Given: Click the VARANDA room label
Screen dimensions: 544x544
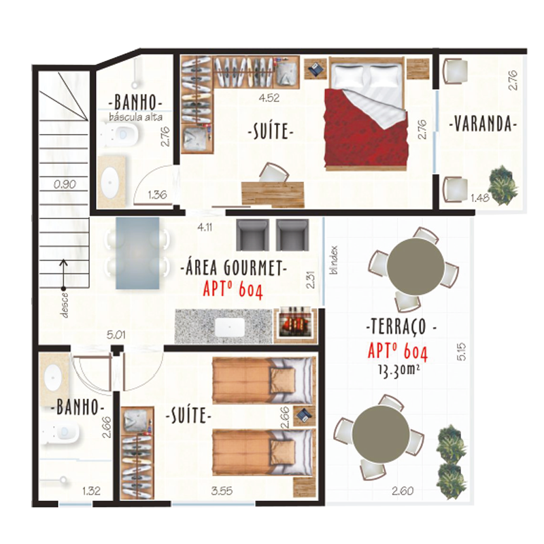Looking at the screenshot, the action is coord(483,124).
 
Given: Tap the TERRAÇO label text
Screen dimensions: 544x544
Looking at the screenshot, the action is coord(401,326).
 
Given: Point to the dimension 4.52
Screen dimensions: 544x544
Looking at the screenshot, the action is coord(269,98).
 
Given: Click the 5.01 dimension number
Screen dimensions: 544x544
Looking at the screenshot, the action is coord(116,335).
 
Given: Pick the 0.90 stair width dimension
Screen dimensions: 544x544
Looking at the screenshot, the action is coord(65,184).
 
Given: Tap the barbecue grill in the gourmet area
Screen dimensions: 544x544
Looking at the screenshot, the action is coord(295,324).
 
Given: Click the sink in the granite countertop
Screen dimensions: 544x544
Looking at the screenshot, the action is coord(229,327).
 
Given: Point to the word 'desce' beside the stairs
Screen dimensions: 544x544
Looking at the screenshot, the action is coord(65,305).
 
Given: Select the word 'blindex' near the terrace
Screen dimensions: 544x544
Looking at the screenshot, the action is coord(334,260).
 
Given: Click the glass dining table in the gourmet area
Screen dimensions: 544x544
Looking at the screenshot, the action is coord(138,253).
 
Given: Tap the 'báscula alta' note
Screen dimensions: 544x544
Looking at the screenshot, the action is coord(135,117).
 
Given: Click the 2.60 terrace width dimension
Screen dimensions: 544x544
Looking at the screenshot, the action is coord(403,491).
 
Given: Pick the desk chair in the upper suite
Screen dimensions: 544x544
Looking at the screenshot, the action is coord(274,173).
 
